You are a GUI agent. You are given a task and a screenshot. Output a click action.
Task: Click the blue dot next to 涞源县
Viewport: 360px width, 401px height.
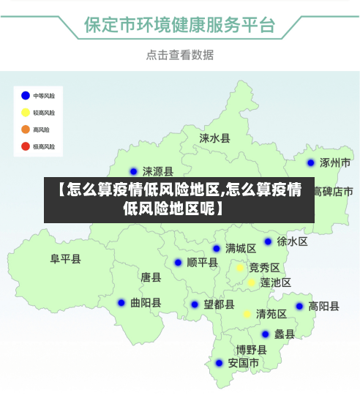pos(133,172)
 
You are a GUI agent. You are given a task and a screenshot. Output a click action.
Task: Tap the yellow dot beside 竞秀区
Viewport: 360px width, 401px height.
pos(239,268)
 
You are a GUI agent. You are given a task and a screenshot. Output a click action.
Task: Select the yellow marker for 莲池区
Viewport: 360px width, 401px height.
pos(251,282)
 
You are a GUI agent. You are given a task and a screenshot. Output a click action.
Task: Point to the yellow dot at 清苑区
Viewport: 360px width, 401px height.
pos(247,314)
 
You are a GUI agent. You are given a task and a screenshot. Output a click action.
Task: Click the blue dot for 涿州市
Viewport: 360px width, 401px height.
pos(311,163)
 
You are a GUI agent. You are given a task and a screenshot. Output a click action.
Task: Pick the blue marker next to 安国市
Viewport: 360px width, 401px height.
pos(219,363)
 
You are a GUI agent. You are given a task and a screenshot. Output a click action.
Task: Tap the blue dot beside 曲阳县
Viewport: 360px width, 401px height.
pos(121,302)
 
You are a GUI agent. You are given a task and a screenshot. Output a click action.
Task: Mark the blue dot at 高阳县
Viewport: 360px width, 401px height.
pos(299,307)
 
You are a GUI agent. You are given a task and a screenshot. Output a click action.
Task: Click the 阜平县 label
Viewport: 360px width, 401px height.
pos(65,259)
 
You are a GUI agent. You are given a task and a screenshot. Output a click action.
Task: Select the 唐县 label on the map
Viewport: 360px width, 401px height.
pos(151,277)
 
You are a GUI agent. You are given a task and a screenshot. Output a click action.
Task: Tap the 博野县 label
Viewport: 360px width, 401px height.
pos(251,350)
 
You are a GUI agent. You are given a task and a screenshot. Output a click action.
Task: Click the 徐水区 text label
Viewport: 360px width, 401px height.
pos(292,241)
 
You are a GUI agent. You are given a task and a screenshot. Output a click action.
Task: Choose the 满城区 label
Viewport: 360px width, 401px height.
pos(240,248)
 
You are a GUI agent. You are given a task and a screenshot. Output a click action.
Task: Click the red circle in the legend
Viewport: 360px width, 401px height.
pos(26,146)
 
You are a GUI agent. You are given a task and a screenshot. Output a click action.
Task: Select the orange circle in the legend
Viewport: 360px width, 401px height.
pos(26,130)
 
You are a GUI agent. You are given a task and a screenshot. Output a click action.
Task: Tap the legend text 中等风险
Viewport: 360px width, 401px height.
pos(43,96)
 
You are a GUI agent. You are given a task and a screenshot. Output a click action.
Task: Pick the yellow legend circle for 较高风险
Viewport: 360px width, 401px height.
pos(26,113)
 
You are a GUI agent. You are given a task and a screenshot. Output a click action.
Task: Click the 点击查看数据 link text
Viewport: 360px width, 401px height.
pos(179,55)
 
